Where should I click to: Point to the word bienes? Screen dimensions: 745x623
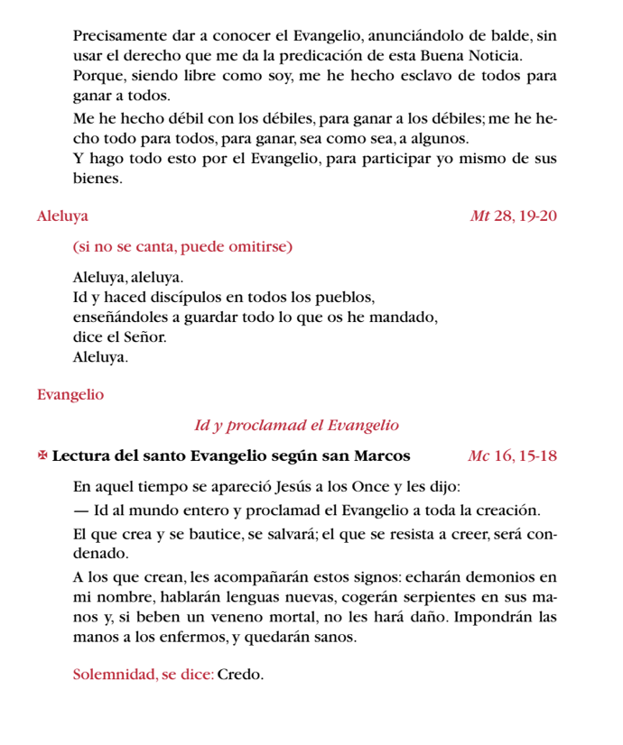click(x=97, y=179)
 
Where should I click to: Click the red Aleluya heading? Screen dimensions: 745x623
click(x=62, y=216)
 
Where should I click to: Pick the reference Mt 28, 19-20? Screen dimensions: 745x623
click(x=513, y=216)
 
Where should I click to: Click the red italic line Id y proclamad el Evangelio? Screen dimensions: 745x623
click(x=296, y=425)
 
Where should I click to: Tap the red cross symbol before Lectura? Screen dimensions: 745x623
click(x=42, y=455)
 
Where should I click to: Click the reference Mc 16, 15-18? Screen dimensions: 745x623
click(x=513, y=455)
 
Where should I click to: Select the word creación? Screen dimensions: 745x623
click(x=507, y=511)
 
